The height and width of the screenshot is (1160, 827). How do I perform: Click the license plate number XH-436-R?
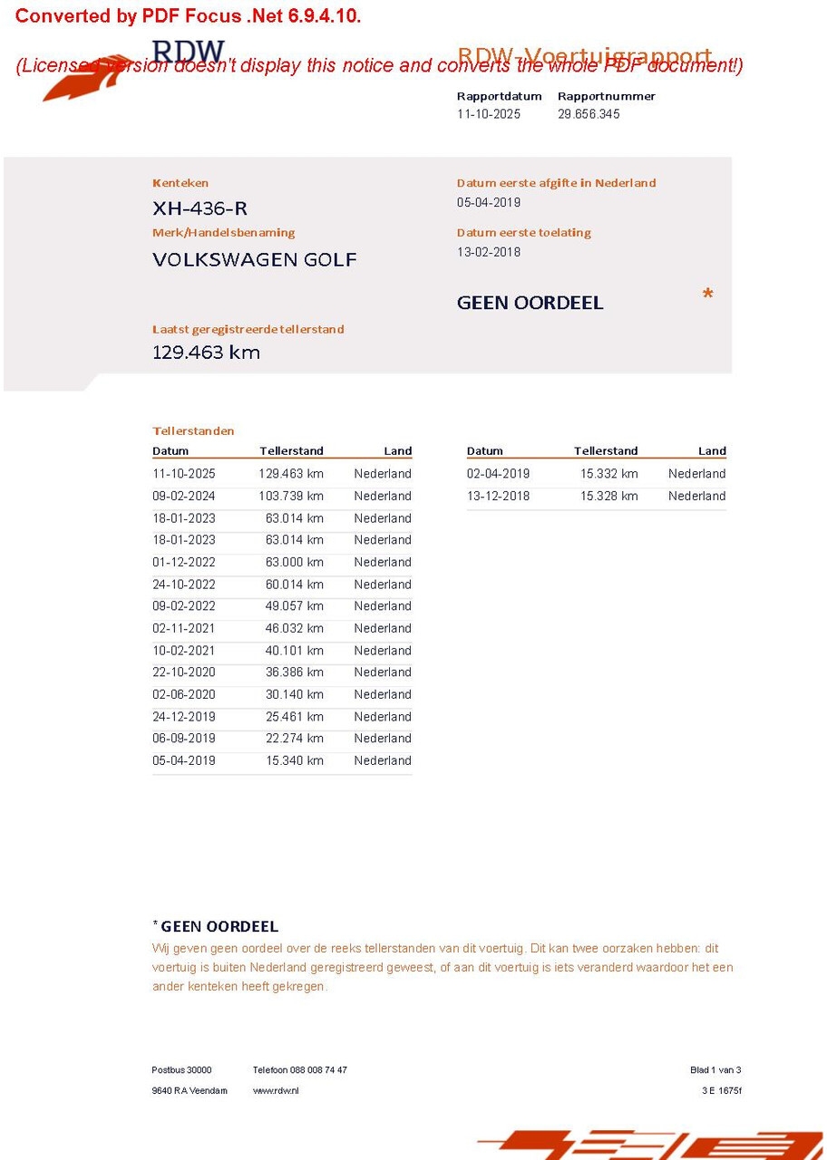(199, 208)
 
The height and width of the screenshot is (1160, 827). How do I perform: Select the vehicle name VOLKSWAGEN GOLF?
(255, 259)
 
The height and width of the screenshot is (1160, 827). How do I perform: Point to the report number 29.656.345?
(589, 114)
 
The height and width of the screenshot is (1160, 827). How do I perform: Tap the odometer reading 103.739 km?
(290, 496)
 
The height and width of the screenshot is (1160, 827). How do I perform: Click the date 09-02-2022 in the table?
(184, 606)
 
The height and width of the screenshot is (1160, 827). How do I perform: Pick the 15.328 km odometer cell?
(608, 496)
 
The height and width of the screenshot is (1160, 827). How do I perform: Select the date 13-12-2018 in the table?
(498, 496)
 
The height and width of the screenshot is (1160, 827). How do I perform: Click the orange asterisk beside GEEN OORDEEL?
(707, 295)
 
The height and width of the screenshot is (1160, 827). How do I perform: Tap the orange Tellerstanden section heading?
(193, 430)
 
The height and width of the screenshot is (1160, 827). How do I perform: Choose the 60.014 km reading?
(294, 585)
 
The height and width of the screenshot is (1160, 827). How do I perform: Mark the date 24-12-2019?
(184, 717)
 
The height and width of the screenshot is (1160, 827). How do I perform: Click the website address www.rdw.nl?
(276, 1090)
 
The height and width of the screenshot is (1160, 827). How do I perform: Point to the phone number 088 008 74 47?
(318, 1070)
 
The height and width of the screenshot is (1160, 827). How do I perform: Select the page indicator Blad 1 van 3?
(715, 1070)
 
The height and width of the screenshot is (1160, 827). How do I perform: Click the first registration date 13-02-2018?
(489, 252)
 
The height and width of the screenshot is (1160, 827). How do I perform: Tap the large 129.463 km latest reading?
(206, 353)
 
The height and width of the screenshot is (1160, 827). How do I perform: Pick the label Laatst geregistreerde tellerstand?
(248, 329)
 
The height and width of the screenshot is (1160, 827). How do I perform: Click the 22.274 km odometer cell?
(294, 739)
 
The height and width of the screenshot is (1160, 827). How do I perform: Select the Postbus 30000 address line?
(181, 1070)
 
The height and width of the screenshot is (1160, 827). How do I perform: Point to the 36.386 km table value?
(294, 672)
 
